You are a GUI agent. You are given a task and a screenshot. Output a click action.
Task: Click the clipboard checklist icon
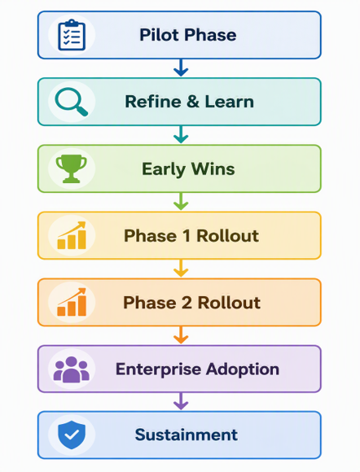[x=72, y=35]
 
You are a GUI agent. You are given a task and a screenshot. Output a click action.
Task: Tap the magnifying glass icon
[x=72, y=102]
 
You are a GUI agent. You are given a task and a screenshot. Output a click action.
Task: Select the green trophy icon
[x=72, y=168]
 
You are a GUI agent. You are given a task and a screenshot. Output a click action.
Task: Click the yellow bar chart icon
[x=72, y=235]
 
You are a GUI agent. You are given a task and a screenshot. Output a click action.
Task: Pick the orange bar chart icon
[x=72, y=302]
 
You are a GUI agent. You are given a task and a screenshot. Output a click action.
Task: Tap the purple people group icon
[x=72, y=369]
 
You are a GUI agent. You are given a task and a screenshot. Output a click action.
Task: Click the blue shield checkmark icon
[x=72, y=435]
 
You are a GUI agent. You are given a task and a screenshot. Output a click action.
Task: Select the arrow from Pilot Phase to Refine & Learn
[x=181, y=68]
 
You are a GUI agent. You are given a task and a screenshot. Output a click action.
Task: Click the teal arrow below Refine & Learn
[x=181, y=134]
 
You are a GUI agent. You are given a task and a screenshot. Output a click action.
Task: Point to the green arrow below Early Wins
[x=181, y=201]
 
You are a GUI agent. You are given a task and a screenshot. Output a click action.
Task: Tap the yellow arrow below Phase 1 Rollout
[x=181, y=269]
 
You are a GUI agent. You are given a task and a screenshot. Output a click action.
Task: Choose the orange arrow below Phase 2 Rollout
[x=181, y=335]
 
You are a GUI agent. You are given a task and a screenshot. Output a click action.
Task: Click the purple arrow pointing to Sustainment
[x=181, y=401]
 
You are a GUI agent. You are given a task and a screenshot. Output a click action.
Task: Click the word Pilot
[x=160, y=35]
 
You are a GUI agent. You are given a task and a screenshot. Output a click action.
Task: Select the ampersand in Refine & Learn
[x=193, y=102]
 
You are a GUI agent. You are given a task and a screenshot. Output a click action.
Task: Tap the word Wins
[x=213, y=169]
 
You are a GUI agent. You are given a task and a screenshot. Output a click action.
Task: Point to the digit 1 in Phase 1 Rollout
[x=187, y=235]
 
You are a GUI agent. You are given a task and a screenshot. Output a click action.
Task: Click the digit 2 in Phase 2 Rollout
[x=187, y=302]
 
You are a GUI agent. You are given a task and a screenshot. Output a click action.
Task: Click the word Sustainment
[x=187, y=435]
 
